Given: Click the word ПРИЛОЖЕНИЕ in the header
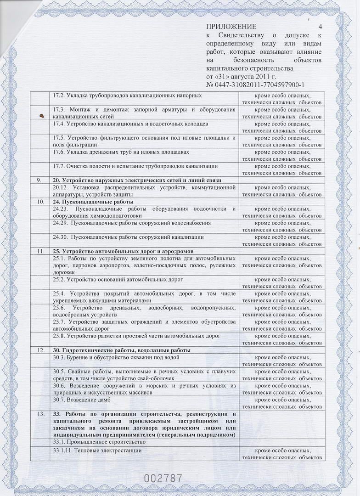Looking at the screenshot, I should click(231, 27).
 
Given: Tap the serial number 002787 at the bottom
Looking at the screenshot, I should click(163, 478).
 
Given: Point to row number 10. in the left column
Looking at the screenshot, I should click(41, 202).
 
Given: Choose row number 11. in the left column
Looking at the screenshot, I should click(41, 251).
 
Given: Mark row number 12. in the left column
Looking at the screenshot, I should click(41, 350).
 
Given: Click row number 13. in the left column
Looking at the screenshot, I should click(41, 414).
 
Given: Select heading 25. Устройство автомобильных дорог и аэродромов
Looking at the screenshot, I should click(123, 251).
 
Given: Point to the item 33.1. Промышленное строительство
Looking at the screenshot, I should click(100, 441).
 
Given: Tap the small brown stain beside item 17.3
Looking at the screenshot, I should click(41, 115).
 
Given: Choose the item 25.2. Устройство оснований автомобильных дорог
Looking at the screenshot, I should click(118, 279).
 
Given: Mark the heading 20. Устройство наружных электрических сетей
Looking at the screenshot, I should click(137, 180).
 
